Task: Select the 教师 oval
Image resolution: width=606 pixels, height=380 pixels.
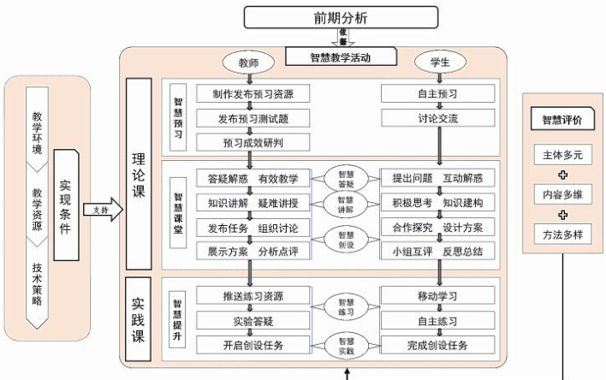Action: click(x=249, y=63)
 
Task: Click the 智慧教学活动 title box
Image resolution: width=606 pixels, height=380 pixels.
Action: click(x=342, y=57)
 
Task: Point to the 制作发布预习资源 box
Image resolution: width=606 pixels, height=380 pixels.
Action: click(x=252, y=93)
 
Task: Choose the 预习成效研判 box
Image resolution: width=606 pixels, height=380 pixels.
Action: click(x=252, y=141)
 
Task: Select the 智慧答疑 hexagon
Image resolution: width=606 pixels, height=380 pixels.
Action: click(x=345, y=179)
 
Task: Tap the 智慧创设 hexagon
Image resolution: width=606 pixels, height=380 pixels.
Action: click(x=345, y=240)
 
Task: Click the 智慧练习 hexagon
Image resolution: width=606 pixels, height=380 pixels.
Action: click(x=345, y=307)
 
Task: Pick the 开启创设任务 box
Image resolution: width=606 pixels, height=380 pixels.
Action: click(x=252, y=345)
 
